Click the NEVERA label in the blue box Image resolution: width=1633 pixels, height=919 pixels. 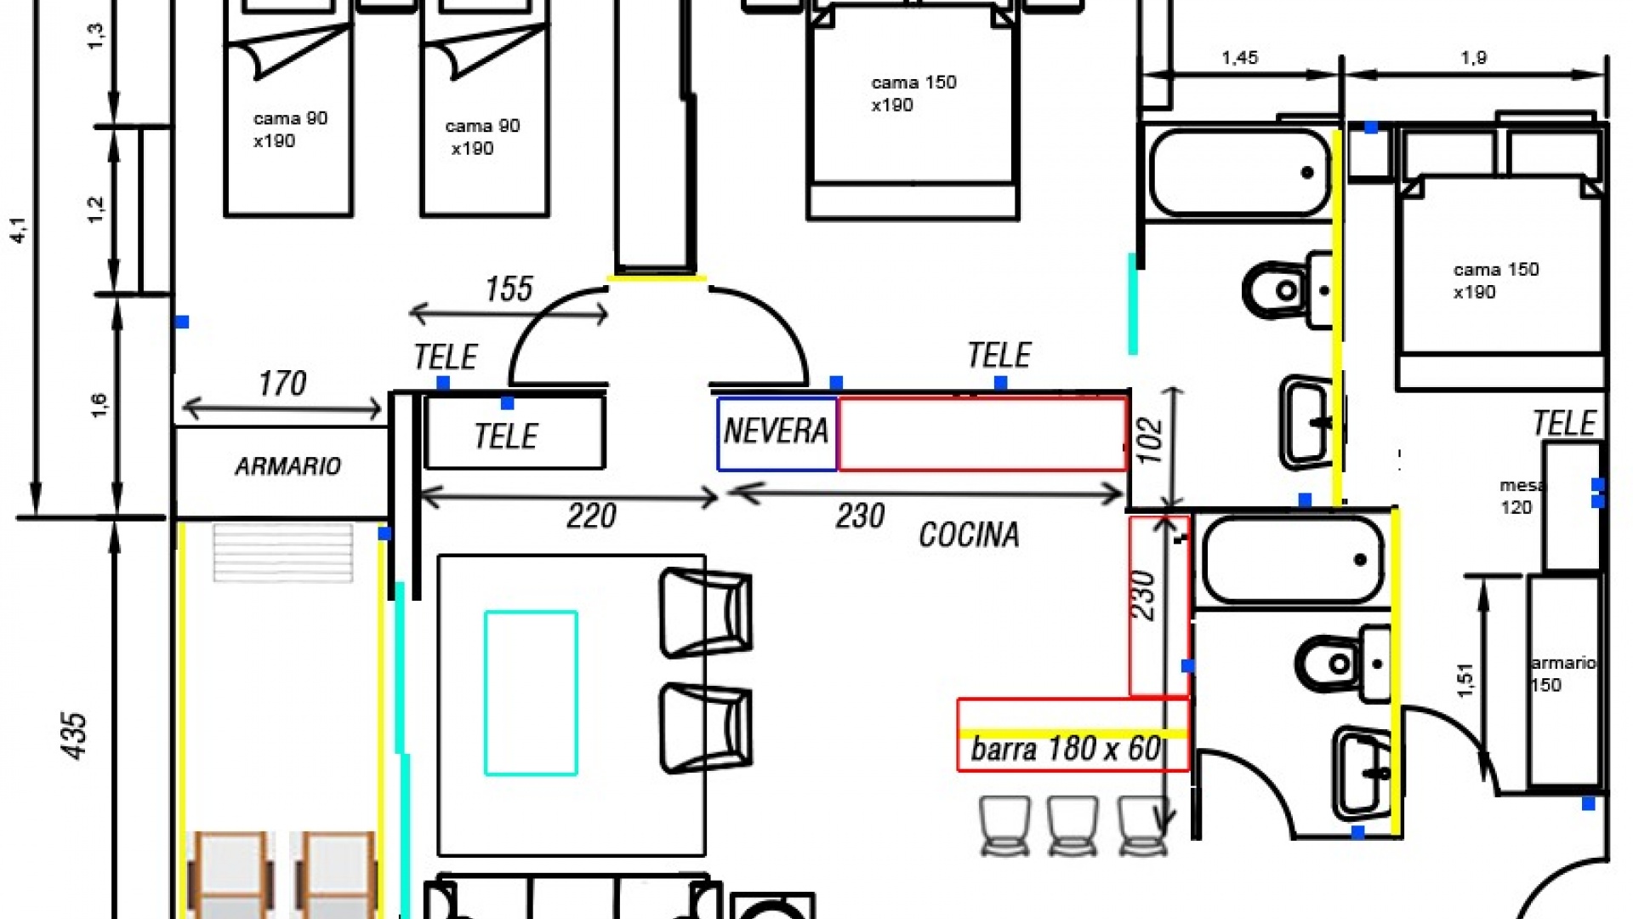tap(776, 431)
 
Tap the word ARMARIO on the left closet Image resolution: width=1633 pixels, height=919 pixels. tap(287, 466)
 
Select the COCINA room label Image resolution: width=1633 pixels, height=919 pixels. tap(969, 535)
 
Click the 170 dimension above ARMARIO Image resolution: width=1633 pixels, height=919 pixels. tap(282, 384)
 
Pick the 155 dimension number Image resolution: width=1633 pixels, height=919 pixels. tap(509, 289)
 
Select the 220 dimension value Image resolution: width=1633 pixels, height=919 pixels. tap(591, 516)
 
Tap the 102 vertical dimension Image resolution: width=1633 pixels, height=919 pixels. tap(1150, 440)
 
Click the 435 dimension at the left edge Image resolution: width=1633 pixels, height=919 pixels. tap(74, 735)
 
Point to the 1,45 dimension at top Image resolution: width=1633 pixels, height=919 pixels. tap(1239, 58)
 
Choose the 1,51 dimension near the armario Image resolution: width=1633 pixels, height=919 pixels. tap(1465, 680)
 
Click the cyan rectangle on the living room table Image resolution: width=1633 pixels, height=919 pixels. tap(531, 693)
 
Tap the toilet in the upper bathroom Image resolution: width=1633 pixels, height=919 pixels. tap(1278, 290)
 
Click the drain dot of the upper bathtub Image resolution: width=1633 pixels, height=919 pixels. tap(1307, 173)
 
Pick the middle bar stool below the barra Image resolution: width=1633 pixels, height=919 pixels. tap(1073, 824)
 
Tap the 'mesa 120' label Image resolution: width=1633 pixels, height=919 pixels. tap(1518, 496)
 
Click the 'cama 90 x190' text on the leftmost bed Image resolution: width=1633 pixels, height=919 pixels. tap(290, 129)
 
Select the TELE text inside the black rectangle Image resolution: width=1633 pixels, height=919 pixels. tap(506, 437)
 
